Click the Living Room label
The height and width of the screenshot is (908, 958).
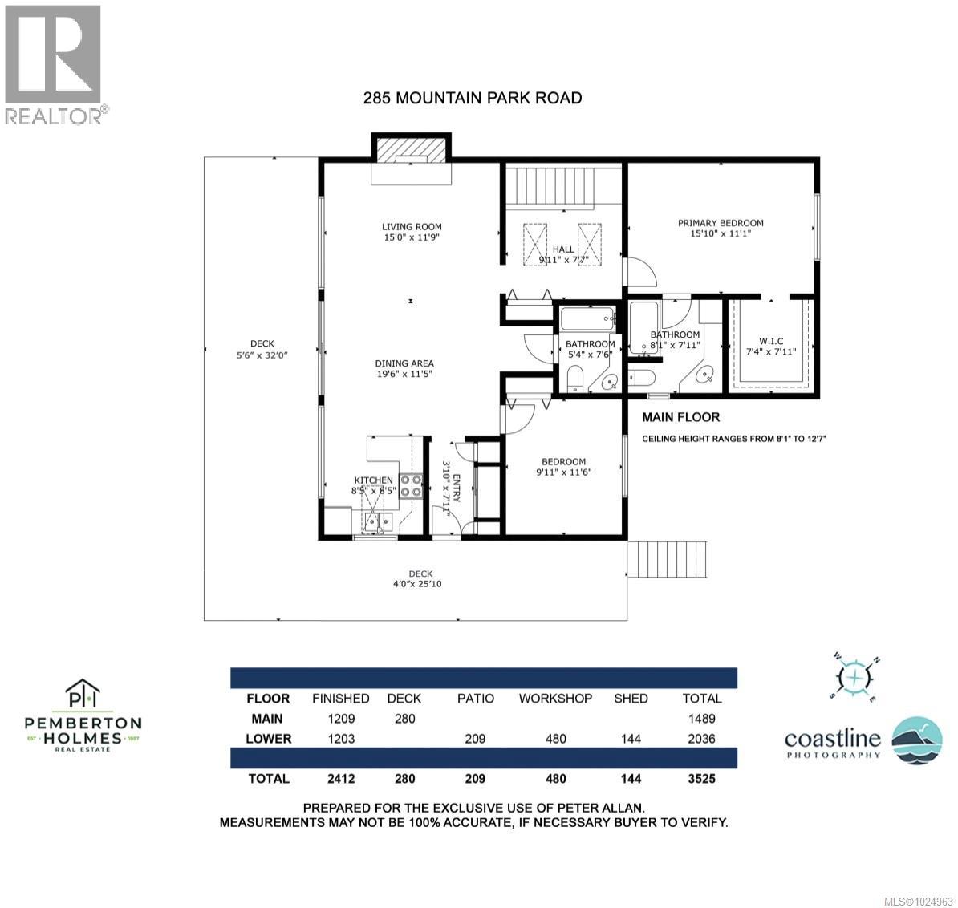tap(411, 227)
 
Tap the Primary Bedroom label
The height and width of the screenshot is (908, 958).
tap(720, 223)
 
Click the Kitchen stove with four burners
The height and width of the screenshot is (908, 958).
tap(411, 486)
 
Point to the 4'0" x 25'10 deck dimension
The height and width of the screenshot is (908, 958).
tap(420, 583)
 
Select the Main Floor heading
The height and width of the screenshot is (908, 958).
tap(680, 417)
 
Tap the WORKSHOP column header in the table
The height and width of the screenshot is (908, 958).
tap(555, 698)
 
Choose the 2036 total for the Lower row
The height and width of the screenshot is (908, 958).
tap(702, 739)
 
